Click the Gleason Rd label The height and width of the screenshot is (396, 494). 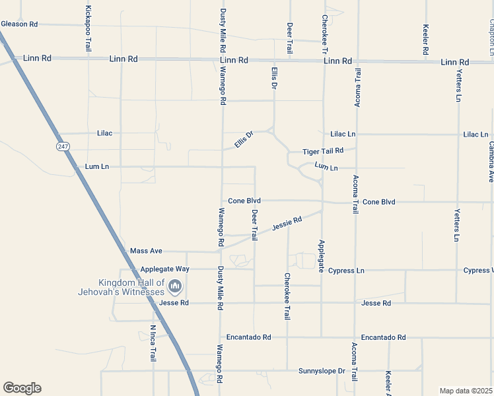19,24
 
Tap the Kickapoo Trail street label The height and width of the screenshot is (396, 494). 88,28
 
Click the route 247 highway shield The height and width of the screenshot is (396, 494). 62,146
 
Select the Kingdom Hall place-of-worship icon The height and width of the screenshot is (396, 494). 175,286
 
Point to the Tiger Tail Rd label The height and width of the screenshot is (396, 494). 324,152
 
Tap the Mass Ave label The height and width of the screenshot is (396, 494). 146,251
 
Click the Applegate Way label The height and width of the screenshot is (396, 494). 164,269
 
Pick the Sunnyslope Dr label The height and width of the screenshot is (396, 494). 322,371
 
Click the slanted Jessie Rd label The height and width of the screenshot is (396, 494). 287,224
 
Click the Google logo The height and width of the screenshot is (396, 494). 22,388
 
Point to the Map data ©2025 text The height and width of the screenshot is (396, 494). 466,390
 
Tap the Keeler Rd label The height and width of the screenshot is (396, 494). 426,40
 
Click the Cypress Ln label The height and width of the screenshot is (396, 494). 346,271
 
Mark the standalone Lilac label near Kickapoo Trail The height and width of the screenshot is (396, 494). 104,133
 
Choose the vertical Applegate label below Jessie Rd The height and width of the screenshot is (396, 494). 322,256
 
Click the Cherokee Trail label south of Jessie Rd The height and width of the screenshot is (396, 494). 287,296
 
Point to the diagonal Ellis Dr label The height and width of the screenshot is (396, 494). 244,140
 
